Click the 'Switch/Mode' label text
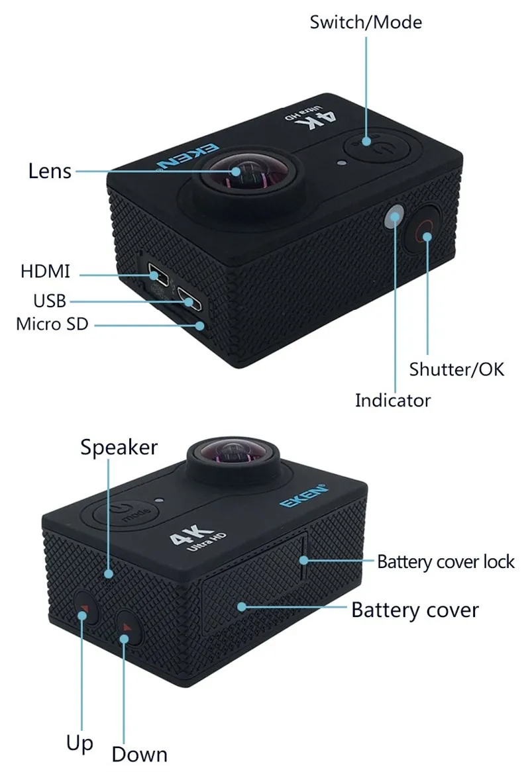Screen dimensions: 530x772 pos(366,23)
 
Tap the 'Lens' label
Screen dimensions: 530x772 pos(50,171)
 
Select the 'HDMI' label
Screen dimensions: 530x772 pos(45,271)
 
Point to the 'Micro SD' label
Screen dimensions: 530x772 pos(52,324)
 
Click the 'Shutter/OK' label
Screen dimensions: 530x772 pos(456,369)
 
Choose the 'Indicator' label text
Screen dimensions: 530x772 pos(393,401)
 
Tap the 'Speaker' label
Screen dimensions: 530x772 pos(119,448)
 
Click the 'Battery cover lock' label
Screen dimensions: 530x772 pos(446,562)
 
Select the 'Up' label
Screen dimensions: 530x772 pos(79,744)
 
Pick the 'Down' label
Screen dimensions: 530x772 pos(139,754)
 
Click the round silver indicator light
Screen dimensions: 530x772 pos(395,216)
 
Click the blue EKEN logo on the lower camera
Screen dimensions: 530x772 pos(303,498)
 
